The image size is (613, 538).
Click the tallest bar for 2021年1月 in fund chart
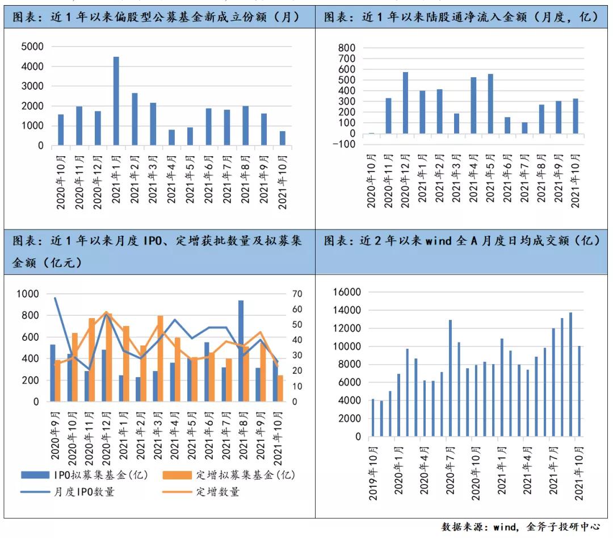(116, 101)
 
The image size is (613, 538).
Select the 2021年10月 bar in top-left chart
(283, 138)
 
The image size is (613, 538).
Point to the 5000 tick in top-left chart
(32, 47)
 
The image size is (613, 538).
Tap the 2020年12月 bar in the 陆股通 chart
(405, 103)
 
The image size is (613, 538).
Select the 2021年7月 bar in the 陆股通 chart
(525, 128)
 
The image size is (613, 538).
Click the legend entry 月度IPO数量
(74, 492)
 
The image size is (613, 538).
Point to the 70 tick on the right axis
(298, 294)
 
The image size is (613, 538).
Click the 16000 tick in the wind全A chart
(349, 292)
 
